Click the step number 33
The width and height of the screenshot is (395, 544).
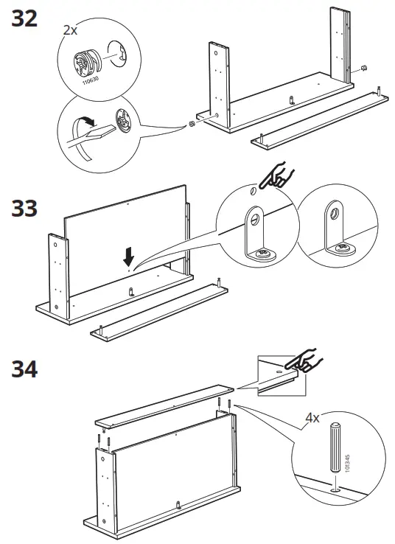click(25, 209)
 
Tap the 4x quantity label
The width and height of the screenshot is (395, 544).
click(312, 418)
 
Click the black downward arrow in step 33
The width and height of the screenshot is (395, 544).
click(130, 256)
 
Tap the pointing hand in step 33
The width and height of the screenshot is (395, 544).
click(279, 178)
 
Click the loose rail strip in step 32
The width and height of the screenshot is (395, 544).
click(317, 117)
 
